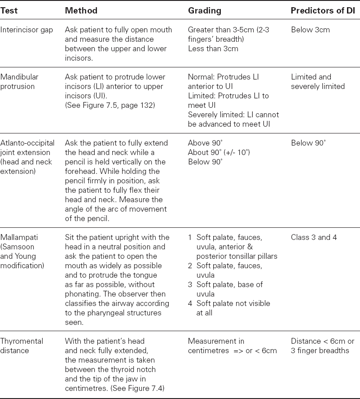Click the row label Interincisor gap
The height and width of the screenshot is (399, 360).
(27, 30)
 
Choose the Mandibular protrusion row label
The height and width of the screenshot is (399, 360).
(18, 82)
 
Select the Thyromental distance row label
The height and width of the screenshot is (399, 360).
(22, 346)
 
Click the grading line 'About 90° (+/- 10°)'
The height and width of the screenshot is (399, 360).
(219, 153)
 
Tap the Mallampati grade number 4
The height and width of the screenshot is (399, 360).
(190, 303)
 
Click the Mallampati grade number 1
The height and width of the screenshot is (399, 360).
(190, 237)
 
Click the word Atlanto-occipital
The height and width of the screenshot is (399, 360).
(27, 143)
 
